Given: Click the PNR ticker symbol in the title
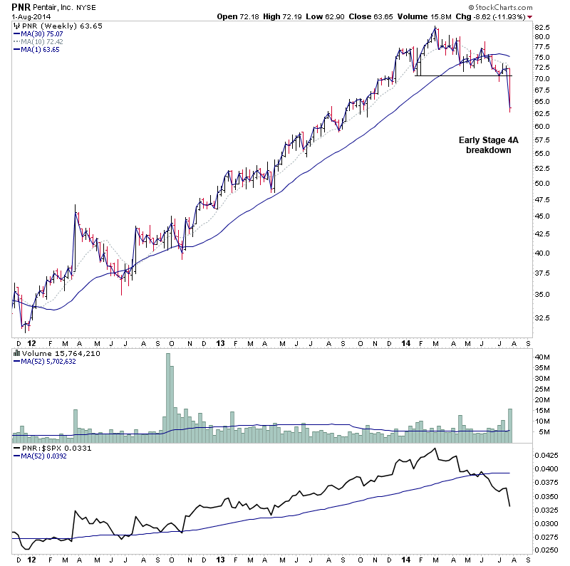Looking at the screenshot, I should click(21, 6).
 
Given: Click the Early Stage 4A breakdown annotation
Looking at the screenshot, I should click(489, 145).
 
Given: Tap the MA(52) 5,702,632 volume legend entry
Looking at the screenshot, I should click(47, 361).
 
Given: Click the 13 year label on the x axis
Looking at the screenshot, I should click(222, 342).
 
